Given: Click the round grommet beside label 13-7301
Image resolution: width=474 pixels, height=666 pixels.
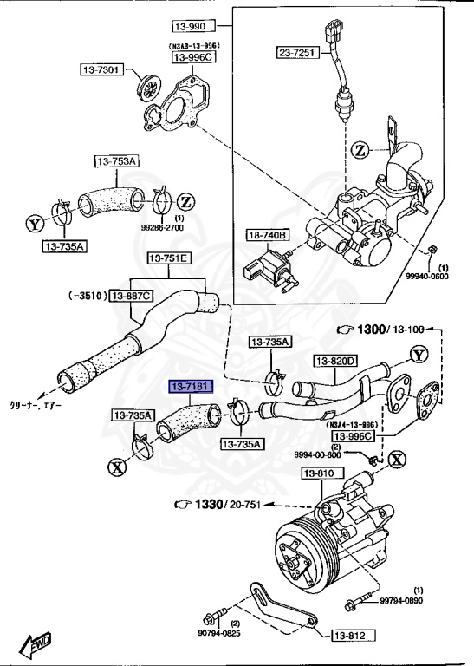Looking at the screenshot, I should click(x=151, y=88).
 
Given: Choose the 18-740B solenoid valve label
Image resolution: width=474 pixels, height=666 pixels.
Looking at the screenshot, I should click(x=267, y=235).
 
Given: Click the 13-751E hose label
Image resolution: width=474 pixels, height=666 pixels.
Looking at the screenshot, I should click(x=167, y=258).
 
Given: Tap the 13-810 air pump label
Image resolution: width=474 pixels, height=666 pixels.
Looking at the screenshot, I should click(x=319, y=473).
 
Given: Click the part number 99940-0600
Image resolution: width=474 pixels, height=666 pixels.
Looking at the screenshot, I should click(x=427, y=277).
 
